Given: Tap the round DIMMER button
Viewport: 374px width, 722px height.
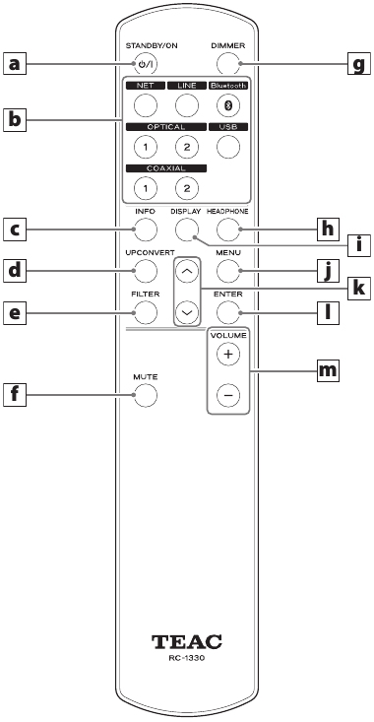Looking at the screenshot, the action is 228,64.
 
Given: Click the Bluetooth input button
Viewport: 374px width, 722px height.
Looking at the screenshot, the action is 228,105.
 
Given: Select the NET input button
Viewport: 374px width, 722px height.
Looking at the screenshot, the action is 146,105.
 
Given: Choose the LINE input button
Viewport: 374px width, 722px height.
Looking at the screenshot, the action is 187,105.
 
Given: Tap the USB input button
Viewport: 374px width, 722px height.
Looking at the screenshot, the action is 228,147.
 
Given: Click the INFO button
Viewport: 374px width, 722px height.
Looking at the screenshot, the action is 146,230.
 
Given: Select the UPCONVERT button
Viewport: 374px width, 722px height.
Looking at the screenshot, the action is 146,271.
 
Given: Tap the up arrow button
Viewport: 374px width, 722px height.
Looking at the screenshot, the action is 187,271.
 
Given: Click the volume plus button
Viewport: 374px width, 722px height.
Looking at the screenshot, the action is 228,354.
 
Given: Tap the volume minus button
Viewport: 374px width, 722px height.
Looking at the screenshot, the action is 228,395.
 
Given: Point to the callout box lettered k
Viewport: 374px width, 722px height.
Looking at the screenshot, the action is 359,289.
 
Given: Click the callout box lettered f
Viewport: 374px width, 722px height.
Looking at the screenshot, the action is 15,395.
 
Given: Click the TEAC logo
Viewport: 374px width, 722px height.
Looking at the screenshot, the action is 187,641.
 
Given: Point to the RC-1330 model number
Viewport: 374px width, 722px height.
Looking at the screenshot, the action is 187,658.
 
